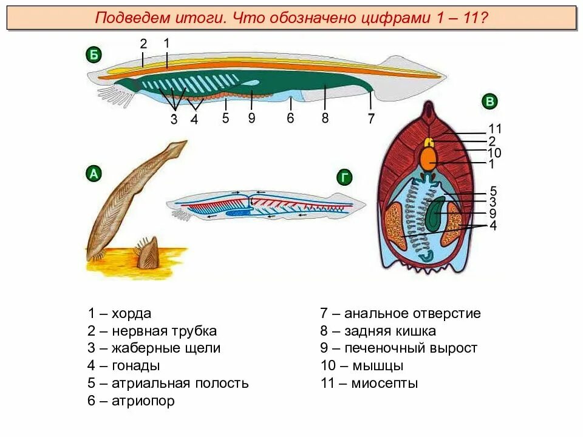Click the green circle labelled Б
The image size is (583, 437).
(93, 56)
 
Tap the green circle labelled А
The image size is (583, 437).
(93, 174)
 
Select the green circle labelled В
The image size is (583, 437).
(489, 101)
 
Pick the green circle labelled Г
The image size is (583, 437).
(344, 177)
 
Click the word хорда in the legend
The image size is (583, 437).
(131, 314)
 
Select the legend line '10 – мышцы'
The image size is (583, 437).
(362, 366)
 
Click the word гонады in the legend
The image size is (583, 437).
(135, 366)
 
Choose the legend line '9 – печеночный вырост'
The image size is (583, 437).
(399, 348)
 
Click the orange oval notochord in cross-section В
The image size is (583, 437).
(429, 159)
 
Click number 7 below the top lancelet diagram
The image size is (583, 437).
(371, 120)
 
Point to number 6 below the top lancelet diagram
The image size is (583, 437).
(290, 118)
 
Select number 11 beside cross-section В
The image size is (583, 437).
(496, 129)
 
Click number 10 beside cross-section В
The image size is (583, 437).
(494, 152)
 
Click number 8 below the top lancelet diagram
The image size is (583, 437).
(325, 118)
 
